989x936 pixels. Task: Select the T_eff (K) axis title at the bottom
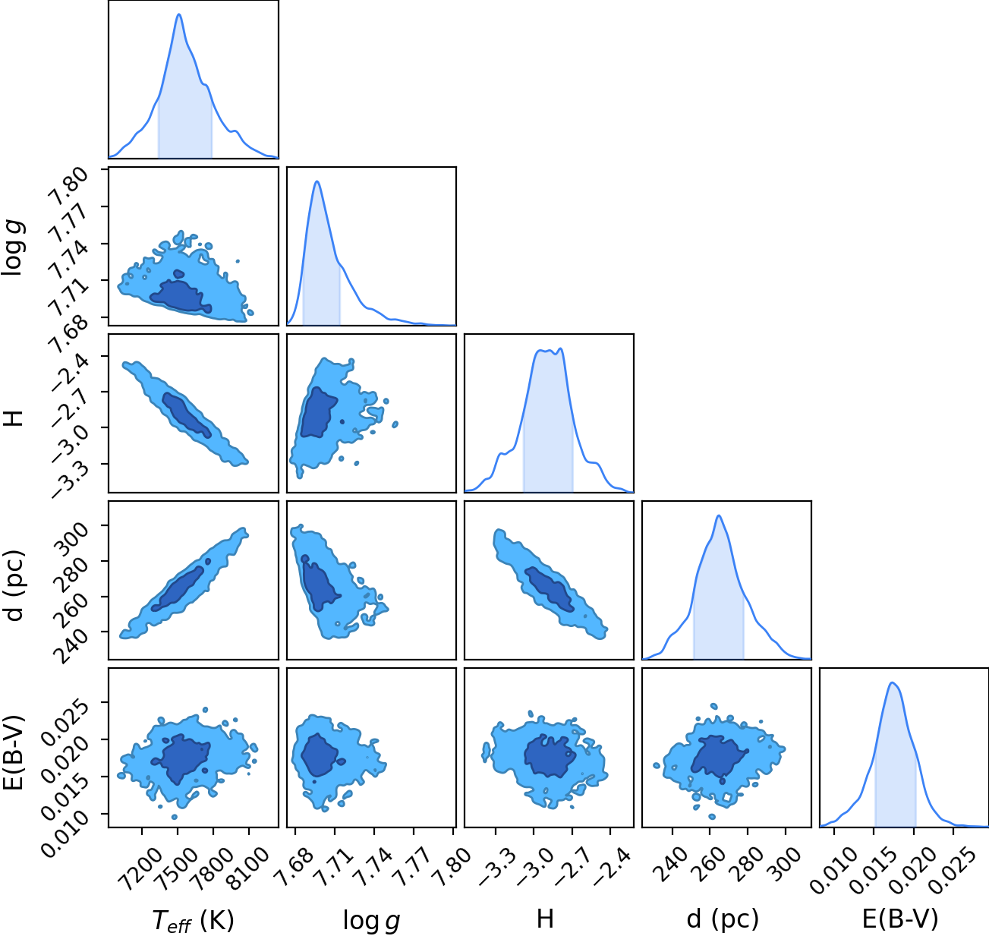pyautogui.click(x=193, y=920)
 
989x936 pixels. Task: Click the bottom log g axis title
pyautogui.click(x=371, y=920)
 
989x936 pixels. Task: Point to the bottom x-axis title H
pyautogui.click(x=545, y=919)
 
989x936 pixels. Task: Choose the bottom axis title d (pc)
pyautogui.click(x=723, y=919)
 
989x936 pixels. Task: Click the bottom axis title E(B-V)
pyautogui.click(x=900, y=919)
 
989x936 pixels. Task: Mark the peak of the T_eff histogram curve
pyautogui.click(x=178, y=14)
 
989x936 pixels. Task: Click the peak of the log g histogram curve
pyautogui.click(x=317, y=181)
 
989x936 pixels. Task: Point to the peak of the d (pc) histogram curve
pyautogui.click(x=718, y=515)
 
